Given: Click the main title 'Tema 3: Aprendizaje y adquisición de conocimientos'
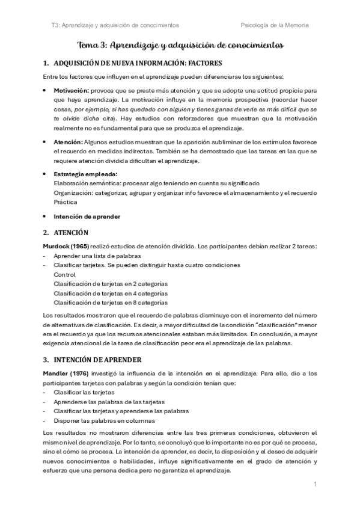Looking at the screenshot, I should point(181,45).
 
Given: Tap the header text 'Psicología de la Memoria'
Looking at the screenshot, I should point(275,25).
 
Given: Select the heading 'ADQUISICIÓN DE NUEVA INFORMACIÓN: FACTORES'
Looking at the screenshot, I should point(137,63).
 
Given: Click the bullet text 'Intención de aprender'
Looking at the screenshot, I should point(87,216).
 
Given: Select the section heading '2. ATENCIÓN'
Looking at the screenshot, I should point(66,232).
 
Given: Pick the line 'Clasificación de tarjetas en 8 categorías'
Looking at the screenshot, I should point(111,302).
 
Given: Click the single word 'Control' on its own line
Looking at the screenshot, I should point(65,274).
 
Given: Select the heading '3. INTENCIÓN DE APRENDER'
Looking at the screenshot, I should point(92,360).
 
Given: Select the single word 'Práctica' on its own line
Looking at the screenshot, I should point(66,202).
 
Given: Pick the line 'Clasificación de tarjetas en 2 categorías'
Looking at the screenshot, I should point(111,283).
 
